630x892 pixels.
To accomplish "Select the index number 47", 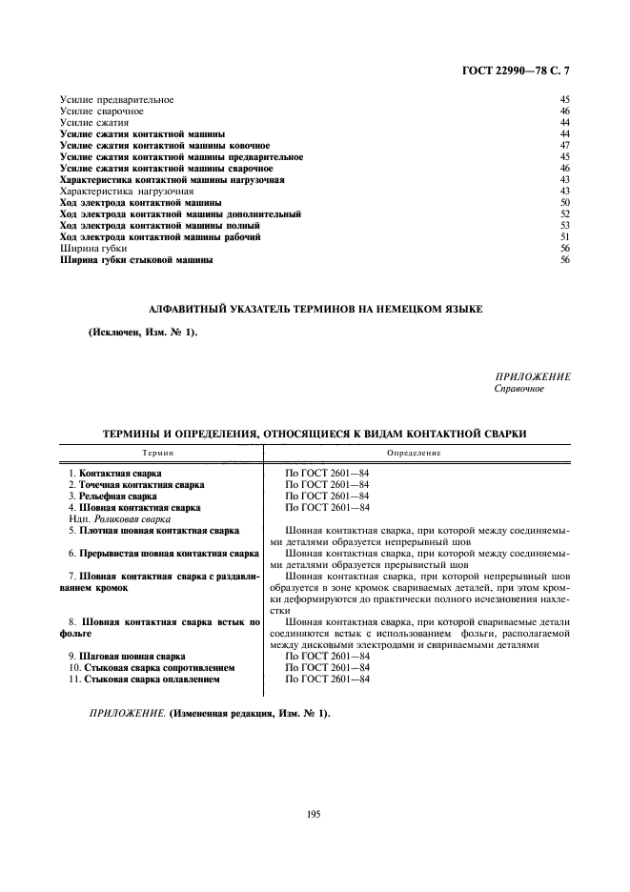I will (x=564, y=145).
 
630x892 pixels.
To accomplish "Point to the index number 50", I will (x=564, y=203).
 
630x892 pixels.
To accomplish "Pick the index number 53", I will (x=564, y=226).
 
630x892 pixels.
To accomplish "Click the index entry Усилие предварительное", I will (x=116, y=99).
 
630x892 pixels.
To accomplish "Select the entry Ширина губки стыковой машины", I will (x=136, y=260).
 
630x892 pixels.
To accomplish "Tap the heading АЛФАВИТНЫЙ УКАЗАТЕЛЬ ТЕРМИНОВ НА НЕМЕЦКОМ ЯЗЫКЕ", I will (x=316, y=309).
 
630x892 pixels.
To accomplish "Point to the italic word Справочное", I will (x=518, y=389).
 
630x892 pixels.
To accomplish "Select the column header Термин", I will (x=159, y=453).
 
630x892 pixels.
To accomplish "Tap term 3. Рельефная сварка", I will (x=112, y=497).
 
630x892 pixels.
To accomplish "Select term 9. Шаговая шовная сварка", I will (x=127, y=657).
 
